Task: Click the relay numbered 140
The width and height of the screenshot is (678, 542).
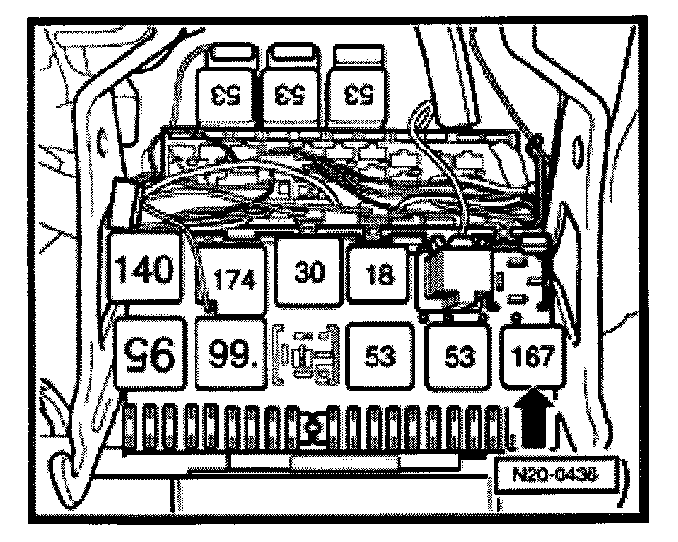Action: click(x=146, y=269)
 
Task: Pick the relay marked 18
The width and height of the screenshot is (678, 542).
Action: click(x=381, y=276)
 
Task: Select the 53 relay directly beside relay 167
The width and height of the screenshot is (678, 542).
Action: click(x=458, y=358)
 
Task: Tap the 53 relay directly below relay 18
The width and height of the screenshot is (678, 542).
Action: click(x=381, y=358)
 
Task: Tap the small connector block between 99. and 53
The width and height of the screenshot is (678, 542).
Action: click(x=305, y=355)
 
